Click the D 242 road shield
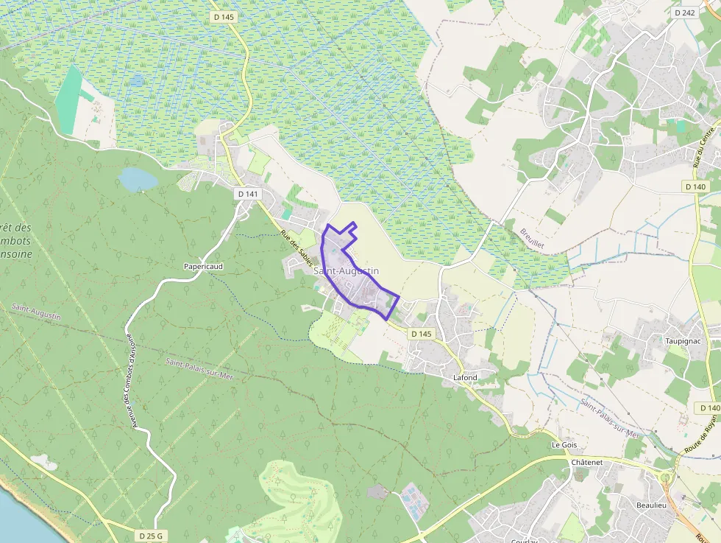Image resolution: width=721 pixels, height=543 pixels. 683,13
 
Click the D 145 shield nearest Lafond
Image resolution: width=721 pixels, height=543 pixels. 421,334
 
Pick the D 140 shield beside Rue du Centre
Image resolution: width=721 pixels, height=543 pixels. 696,187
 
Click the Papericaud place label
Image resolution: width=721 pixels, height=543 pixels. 204,266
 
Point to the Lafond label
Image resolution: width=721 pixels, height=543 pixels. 464,378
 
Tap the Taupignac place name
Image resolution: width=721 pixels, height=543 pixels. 681,341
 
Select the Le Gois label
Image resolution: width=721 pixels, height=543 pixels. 564,446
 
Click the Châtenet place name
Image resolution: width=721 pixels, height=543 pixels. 586,462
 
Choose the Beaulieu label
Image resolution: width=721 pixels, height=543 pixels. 651,505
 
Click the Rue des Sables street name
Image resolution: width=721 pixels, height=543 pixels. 297,249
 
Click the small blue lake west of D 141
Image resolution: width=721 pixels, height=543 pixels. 138,179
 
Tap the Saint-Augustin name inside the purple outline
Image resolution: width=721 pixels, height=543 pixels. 346,271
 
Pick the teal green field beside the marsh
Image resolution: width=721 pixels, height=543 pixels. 69,99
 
